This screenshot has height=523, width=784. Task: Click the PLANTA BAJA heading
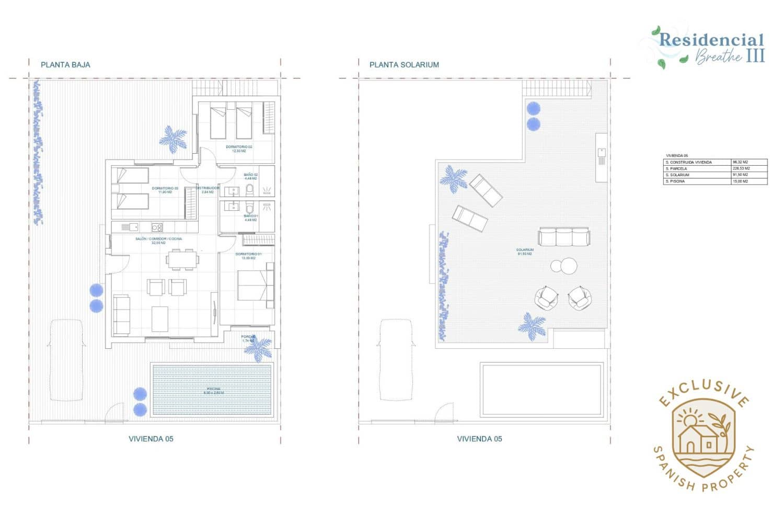tap(65, 65)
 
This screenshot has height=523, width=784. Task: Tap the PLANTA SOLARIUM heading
tap(404, 65)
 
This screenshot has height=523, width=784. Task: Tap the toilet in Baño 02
tap(249, 189)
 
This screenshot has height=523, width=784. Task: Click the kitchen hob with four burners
tap(157, 227)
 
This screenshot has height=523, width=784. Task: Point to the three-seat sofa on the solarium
tap(564, 236)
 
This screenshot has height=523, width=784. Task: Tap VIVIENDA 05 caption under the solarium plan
tap(479, 439)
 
